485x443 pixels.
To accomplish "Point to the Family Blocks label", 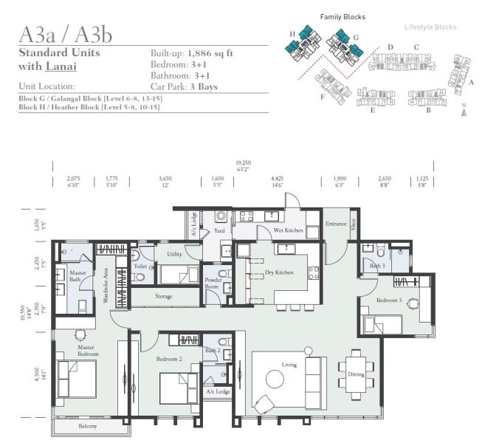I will (342, 16).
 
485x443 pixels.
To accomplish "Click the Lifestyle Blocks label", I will (430, 27).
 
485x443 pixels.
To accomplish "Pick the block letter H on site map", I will (292, 34).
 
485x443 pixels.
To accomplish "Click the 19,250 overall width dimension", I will (243, 162).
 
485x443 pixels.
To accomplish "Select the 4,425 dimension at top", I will (278, 179).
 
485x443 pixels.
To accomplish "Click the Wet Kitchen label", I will (289, 230).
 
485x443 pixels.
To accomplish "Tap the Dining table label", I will (356, 374).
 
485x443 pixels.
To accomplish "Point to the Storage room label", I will (163, 296).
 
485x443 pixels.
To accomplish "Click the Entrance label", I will (335, 224).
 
